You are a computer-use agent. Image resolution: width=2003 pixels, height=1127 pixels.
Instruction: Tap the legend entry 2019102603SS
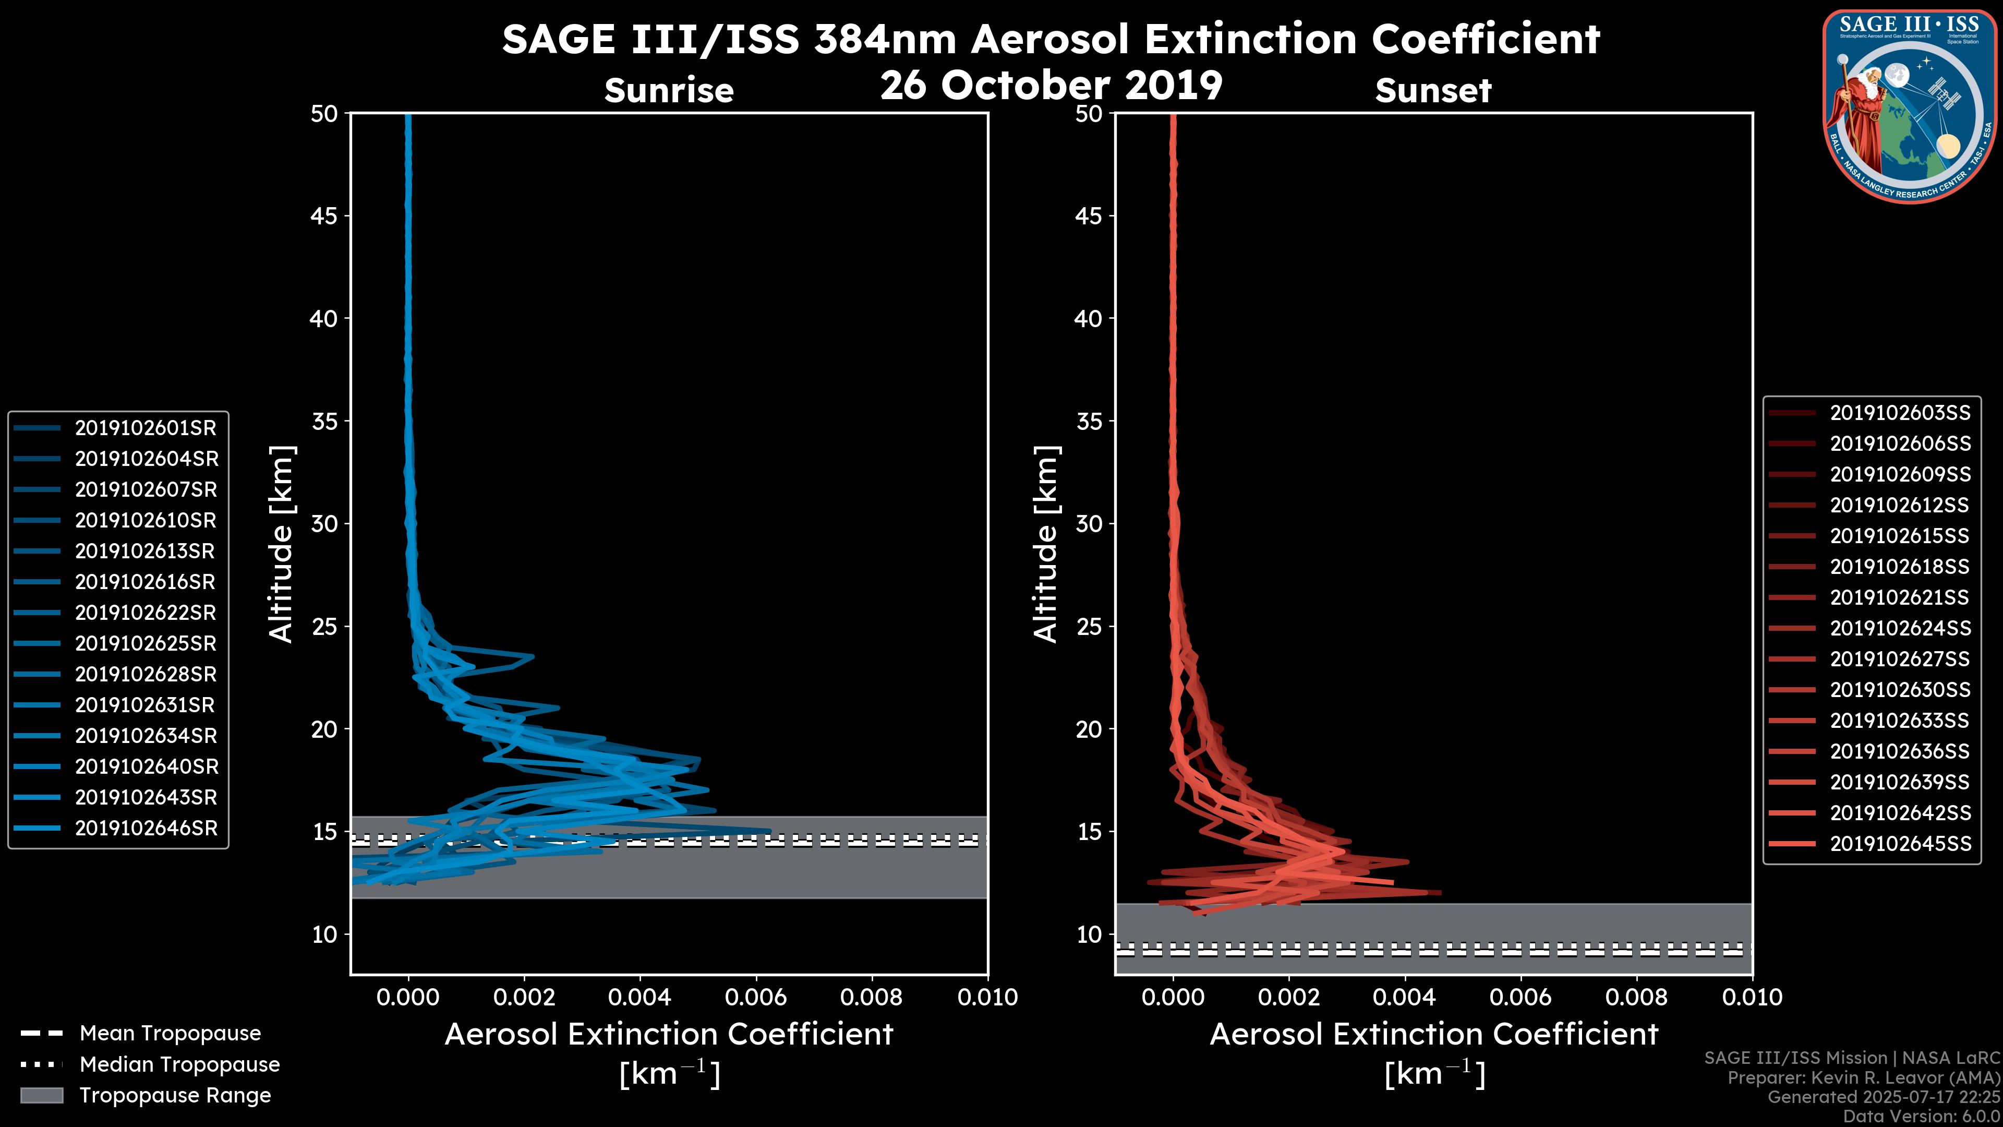(x=1900, y=413)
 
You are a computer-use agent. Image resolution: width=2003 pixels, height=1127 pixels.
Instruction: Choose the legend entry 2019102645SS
(x=1900, y=844)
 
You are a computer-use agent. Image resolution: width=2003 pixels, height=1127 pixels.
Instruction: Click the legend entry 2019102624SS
(x=1900, y=628)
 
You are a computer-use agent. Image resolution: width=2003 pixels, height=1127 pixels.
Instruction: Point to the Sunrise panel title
(x=669, y=91)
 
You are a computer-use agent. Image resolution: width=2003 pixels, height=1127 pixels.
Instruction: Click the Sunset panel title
(x=1433, y=91)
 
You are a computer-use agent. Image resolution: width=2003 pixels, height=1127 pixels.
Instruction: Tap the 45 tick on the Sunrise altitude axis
(x=324, y=216)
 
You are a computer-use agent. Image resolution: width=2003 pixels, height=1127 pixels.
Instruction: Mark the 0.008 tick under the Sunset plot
(x=1637, y=997)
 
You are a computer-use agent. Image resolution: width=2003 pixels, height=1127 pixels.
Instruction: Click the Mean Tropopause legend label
(x=170, y=1034)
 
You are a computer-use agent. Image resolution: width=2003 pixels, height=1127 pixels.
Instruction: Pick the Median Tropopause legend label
(x=179, y=1065)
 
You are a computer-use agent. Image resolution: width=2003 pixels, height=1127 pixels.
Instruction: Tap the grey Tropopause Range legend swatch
(x=41, y=1096)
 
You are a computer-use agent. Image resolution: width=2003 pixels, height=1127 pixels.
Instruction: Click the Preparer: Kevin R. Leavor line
(x=1863, y=1078)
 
